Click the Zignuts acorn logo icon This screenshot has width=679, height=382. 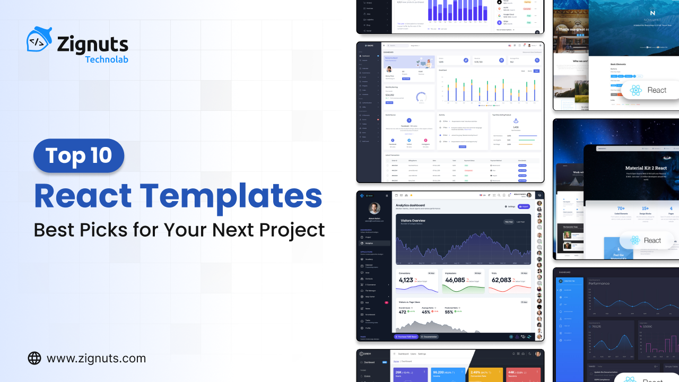(x=39, y=40)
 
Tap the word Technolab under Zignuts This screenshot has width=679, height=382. (x=107, y=59)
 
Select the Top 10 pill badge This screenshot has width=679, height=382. (x=79, y=155)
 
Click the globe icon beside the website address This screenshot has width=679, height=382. (x=34, y=358)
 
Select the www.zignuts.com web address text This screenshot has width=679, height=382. (x=96, y=359)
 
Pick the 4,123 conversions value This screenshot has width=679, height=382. (x=406, y=280)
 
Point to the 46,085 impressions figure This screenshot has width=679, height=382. (x=455, y=280)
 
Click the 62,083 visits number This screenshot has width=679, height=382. (x=501, y=280)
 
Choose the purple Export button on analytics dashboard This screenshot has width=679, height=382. (x=524, y=206)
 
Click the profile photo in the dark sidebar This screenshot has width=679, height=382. (x=374, y=208)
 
